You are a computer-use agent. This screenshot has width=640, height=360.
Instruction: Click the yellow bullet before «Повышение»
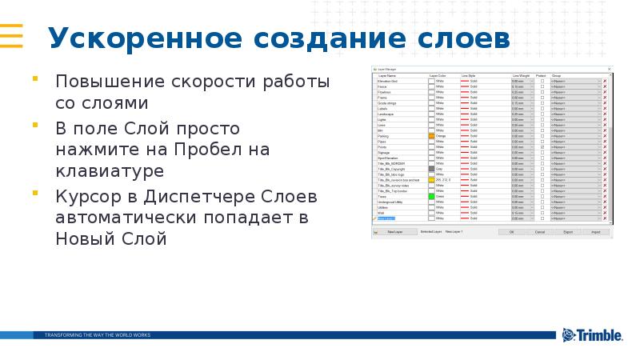[35, 80]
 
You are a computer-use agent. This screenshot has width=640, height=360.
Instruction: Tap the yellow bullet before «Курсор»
[35, 194]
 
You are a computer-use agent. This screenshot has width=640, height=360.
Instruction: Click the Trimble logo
[592, 335]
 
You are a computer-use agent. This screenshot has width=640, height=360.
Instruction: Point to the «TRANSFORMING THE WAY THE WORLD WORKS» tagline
[97, 334]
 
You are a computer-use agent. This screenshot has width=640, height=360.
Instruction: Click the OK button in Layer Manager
[511, 231]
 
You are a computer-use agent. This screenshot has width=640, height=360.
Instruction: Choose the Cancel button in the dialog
[540, 231]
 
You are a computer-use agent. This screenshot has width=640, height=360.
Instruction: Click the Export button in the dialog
[568, 231]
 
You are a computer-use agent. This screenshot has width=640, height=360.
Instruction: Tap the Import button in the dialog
[596, 231]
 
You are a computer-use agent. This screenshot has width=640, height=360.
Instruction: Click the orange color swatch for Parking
[431, 137]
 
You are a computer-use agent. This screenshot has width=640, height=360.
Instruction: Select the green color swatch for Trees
[431, 196]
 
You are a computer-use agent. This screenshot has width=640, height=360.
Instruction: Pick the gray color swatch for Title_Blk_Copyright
[431, 169]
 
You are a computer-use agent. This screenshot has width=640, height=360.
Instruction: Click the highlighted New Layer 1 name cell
[386, 218]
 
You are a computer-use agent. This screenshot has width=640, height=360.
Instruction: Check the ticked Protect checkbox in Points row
[542, 147]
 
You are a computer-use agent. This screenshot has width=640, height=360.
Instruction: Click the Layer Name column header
[387, 76]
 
